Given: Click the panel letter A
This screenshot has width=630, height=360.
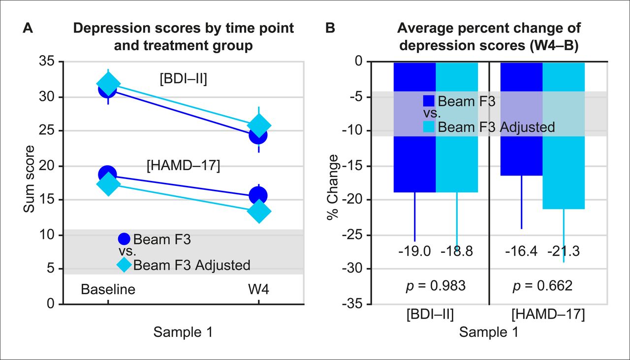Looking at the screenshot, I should click(29, 28).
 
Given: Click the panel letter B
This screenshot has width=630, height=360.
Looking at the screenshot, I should click(331, 28).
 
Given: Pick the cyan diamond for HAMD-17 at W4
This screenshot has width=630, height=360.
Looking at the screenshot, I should click(259, 211).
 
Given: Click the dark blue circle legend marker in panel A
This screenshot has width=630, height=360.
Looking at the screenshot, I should click(124, 240).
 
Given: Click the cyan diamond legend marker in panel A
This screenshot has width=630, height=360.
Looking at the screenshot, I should click(124, 265).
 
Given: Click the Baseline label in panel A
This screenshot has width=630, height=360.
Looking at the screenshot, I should click(108, 289).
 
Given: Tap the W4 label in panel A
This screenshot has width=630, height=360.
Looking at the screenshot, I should click(259, 289).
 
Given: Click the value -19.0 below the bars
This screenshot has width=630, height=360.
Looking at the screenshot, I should click(414, 252).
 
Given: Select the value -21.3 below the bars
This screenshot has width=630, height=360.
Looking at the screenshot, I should click(564, 252).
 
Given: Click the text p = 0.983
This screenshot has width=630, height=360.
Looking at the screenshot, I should click(436, 286).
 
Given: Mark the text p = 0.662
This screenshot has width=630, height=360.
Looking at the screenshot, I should click(543, 286).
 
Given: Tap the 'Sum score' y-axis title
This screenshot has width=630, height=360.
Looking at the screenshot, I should click(31, 179).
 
